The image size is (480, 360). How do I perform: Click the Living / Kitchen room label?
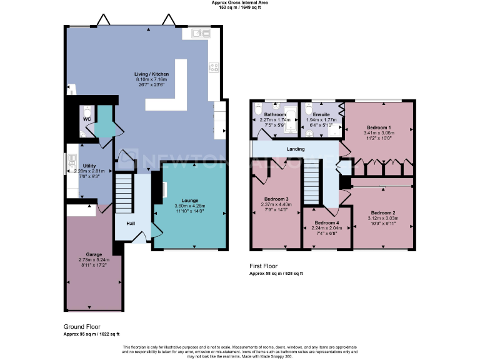click(x=151, y=74)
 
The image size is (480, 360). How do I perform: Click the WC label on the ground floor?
click(x=86, y=118)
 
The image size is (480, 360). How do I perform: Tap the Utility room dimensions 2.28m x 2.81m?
click(x=86, y=171)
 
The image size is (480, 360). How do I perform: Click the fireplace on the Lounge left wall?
click(x=164, y=190)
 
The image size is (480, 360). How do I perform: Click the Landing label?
click(x=296, y=149)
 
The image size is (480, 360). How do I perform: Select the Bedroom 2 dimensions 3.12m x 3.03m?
click(x=382, y=217)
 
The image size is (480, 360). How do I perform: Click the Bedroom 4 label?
click(x=326, y=223)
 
